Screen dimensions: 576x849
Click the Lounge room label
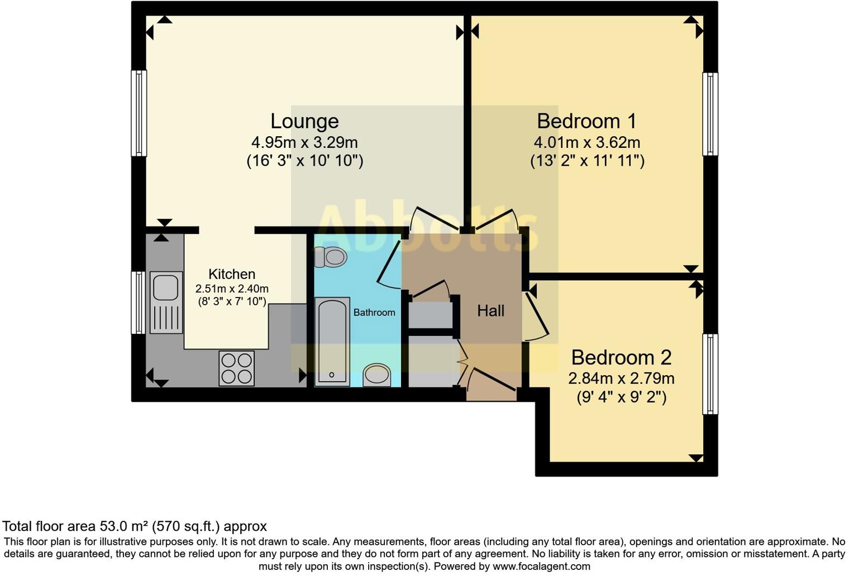(304, 121)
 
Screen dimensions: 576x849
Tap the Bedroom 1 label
(586, 121)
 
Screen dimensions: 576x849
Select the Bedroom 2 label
(621, 357)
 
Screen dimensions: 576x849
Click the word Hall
(490, 311)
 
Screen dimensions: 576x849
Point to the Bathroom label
(374, 313)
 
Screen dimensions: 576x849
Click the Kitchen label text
(232, 274)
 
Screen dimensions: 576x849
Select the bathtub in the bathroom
(332, 341)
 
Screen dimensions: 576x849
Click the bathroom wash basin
(377, 375)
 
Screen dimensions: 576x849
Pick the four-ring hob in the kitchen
(236, 368)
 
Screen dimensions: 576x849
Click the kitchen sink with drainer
(166, 302)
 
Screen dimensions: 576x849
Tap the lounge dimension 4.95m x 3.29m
(304, 142)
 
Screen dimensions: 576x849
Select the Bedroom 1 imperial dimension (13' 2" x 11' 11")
(587, 161)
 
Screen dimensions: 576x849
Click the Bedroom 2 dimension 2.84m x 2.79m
(621, 378)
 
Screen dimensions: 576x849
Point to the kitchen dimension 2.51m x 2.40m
(232, 289)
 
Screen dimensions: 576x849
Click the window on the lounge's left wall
(139, 113)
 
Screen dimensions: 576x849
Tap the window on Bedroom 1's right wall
(710, 114)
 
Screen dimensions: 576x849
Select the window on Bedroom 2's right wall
(710, 374)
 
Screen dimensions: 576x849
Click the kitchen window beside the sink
(138, 303)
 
